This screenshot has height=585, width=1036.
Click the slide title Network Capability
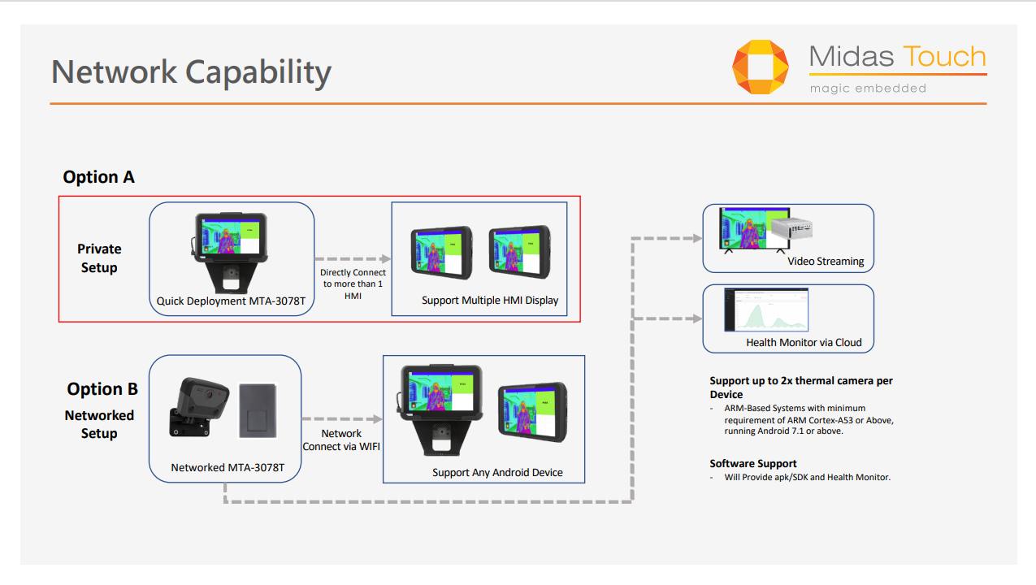191,72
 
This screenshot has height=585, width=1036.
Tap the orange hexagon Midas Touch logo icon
760,67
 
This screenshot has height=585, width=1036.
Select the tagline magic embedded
868,88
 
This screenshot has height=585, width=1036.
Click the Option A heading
98,177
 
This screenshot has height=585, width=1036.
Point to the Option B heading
102,389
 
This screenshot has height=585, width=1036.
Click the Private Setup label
99,258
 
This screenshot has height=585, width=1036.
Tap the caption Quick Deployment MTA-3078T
231,301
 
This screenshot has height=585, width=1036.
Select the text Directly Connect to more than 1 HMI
353,284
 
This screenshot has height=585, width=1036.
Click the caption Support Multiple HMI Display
490,301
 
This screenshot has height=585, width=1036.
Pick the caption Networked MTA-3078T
228,467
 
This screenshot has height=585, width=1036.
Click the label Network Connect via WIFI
341,440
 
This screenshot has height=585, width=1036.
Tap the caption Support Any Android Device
497,472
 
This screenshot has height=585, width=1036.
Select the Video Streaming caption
826,262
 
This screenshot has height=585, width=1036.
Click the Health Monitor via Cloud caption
804,342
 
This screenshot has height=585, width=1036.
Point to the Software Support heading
753,463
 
